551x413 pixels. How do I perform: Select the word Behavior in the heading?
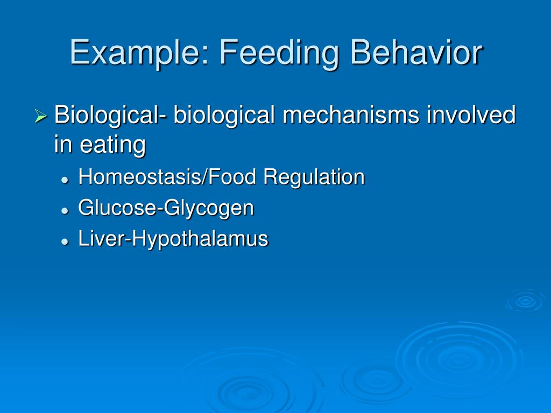pos(416,53)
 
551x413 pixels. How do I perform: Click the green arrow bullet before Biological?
pos(41,116)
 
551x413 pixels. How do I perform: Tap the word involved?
pos(471,115)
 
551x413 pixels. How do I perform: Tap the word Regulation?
pos(314,177)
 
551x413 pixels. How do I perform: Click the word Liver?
pos(100,239)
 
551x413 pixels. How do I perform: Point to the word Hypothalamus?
pos(200,239)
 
